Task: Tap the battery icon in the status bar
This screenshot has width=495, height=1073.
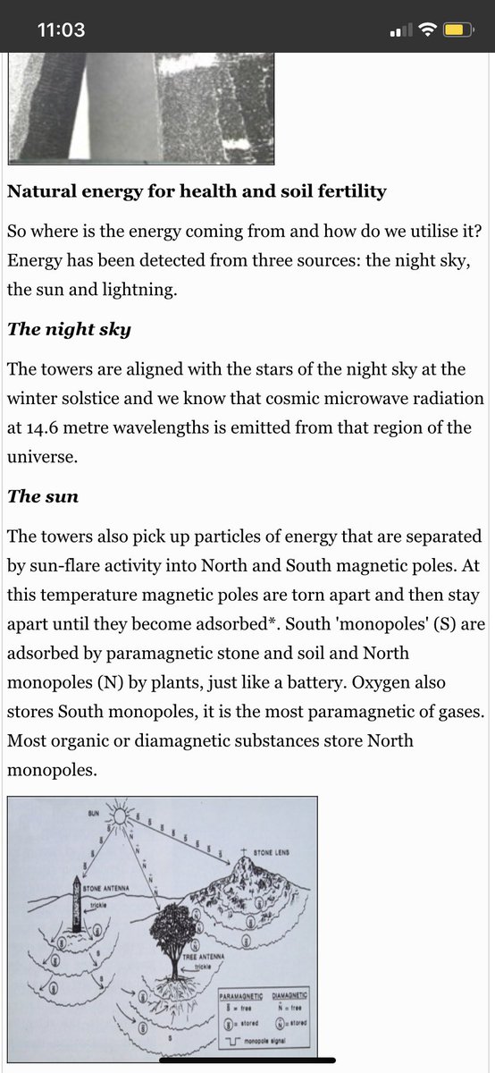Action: pyautogui.click(x=454, y=30)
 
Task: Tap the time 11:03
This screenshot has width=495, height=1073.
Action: pyautogui.click(x=61, y=30)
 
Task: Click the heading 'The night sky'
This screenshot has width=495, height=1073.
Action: pyautogui.click(x=69, y=328)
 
